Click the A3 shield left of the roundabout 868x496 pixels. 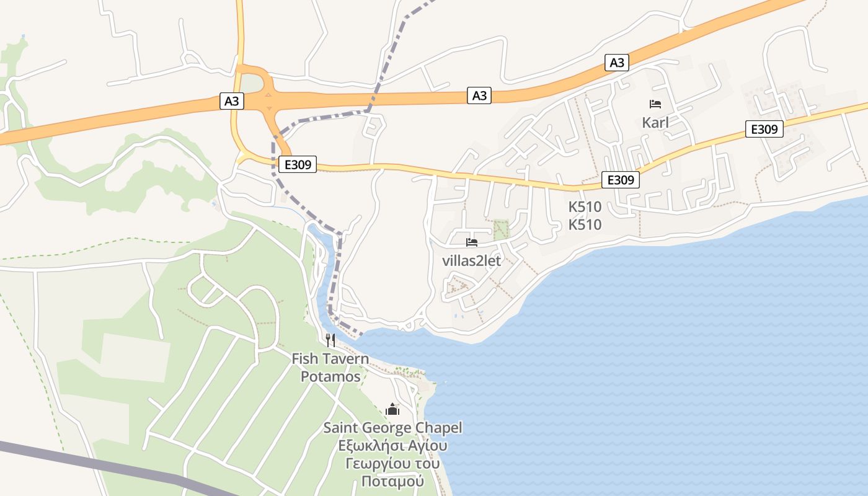231,101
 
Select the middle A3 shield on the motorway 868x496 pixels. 479,95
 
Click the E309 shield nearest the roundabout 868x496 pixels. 298,164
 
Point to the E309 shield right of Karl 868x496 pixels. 764,129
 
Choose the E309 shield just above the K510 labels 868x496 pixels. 621,180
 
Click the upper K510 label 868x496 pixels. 585,207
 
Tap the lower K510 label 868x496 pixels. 585,224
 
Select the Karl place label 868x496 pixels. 655,122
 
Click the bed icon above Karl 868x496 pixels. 655,104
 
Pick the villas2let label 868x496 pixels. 471,260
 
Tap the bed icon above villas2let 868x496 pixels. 472,242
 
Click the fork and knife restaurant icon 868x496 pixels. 330,340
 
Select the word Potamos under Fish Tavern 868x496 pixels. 330,376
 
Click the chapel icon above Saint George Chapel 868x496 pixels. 392,409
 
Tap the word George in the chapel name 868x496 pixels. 393,428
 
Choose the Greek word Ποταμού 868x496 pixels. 392,481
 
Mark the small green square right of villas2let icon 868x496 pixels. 501,230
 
